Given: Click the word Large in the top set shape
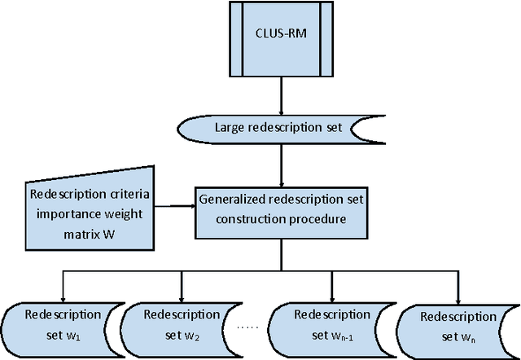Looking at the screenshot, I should [x=229, y=129].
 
